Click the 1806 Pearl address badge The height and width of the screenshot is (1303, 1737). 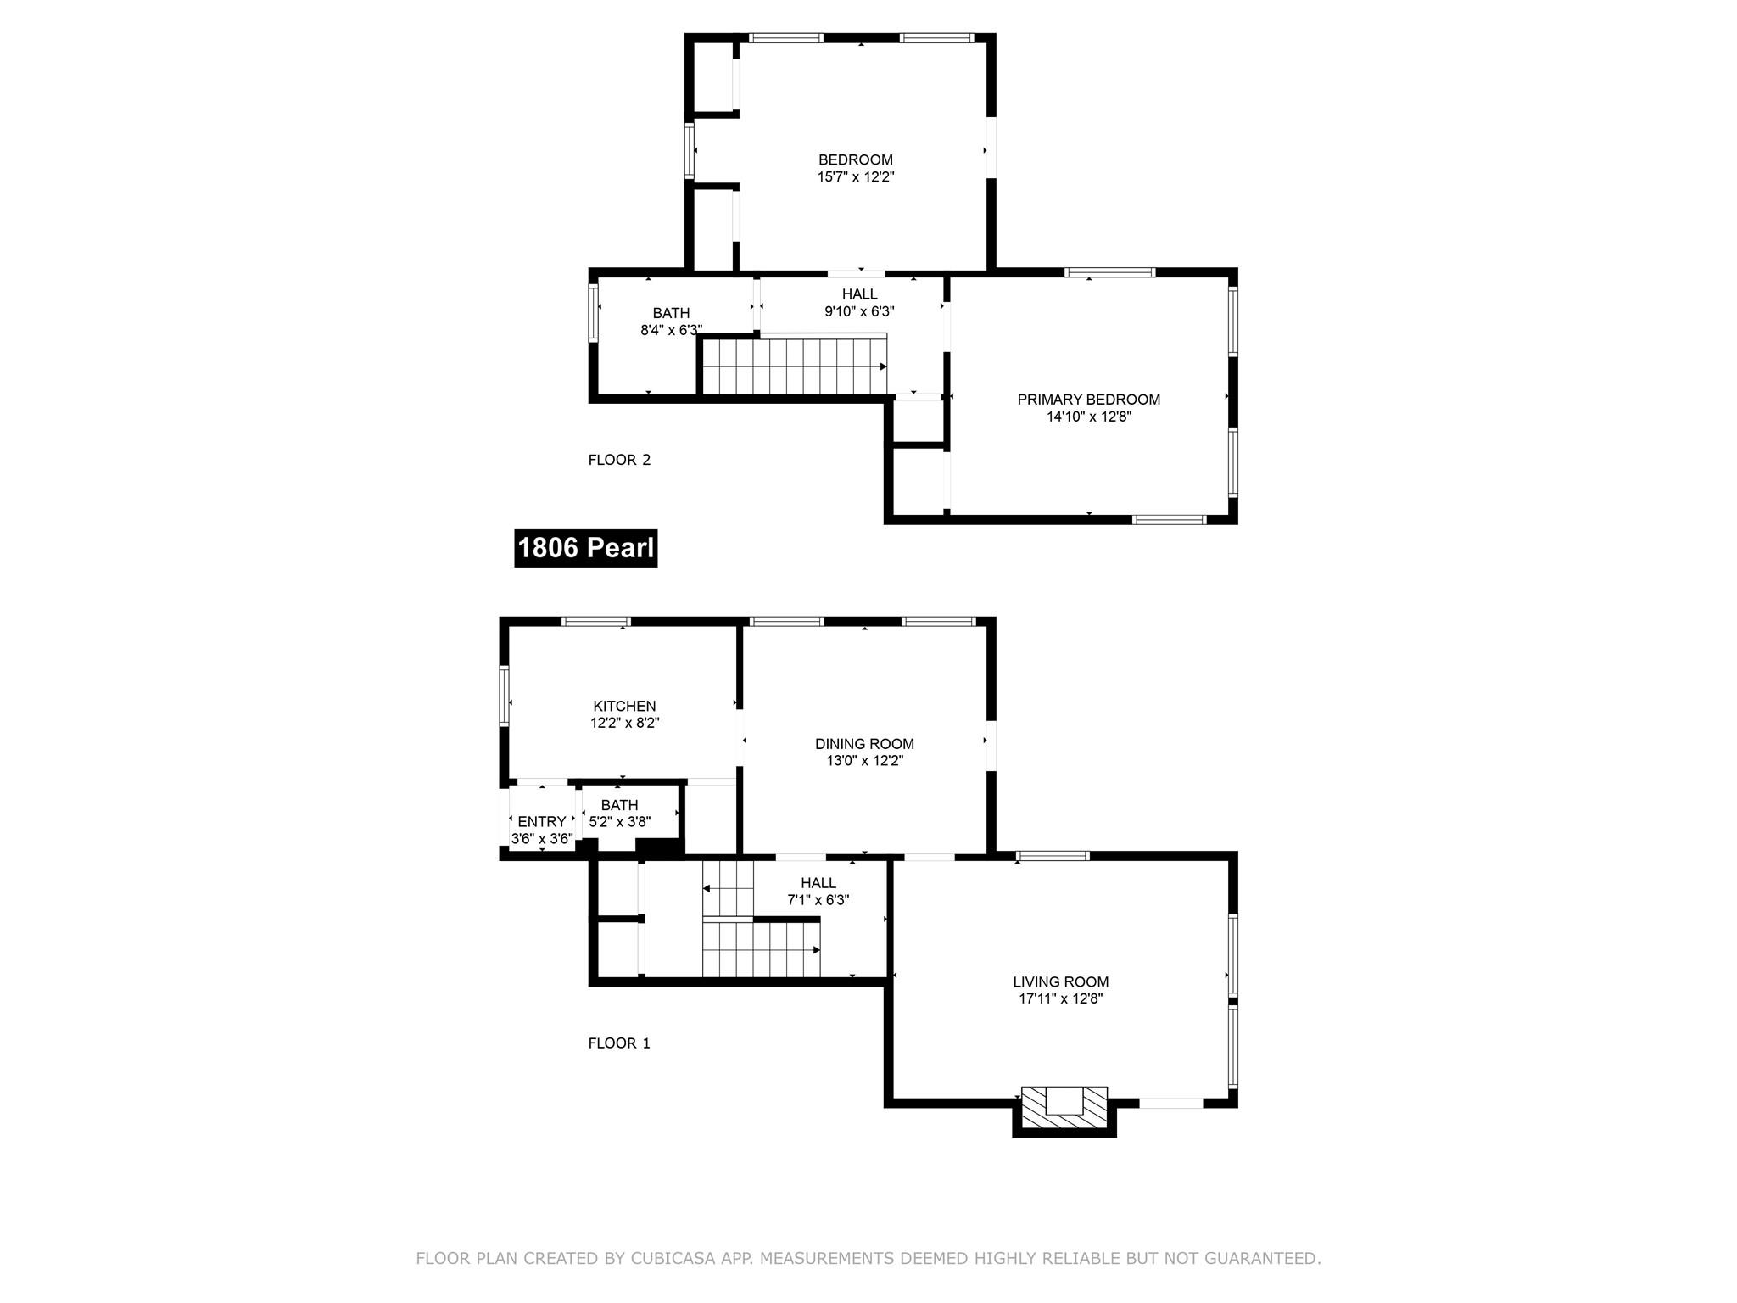(585, 548)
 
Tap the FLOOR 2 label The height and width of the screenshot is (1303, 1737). (619, 460)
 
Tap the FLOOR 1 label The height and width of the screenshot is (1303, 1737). (619, 1043)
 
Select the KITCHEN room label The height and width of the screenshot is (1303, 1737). (624, 706)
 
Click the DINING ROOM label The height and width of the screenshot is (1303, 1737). (864, 744)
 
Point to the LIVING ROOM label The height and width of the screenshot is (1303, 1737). (1060, 981)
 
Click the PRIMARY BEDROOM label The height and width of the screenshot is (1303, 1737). (1088, 400)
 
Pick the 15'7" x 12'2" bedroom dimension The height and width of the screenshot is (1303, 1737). (856, 177)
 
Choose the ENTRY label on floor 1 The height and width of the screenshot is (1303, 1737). (541, 821)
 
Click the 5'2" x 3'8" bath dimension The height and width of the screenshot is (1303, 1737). (619, 821)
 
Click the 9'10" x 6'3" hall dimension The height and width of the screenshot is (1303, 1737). (859, 311)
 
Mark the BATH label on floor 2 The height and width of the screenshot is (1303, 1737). (671, 313)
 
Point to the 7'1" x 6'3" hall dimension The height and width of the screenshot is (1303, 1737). (818, 900)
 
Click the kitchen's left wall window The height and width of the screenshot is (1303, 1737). (504, 695)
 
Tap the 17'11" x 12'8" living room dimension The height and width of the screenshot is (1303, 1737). (1060, 998)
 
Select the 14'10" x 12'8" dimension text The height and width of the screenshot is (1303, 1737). (1088, 417)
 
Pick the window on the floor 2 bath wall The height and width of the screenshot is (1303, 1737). (594, 312)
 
